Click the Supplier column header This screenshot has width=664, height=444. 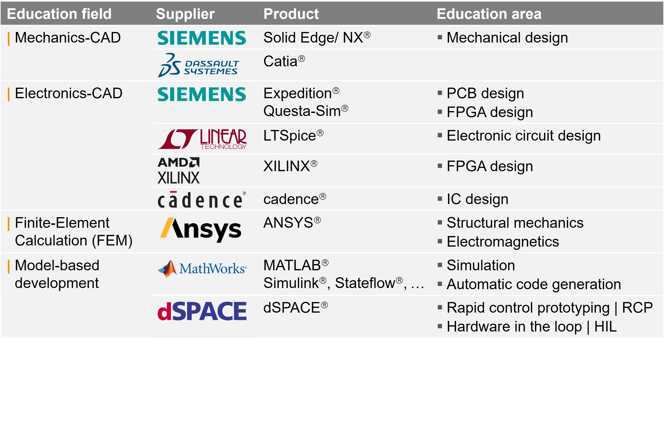(185, 14)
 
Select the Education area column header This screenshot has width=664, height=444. (489, 14)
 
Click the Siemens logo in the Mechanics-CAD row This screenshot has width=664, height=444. (202, 38)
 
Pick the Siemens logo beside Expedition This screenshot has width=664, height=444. (202, 94)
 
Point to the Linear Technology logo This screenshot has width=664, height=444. (202, 139)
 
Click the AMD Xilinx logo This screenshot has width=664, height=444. (179, 170)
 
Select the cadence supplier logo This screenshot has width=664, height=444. (202, 200)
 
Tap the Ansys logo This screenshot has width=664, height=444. (201, 229)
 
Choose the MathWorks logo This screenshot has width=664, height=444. (202, 269)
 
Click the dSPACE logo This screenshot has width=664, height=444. (202, 311)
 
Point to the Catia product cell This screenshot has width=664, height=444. (284, 61)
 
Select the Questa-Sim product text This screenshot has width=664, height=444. (306, 111)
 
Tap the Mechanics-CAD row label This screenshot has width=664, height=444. (68, 38)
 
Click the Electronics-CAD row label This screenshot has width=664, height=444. (68, 93)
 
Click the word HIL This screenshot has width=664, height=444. (605, 326)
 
